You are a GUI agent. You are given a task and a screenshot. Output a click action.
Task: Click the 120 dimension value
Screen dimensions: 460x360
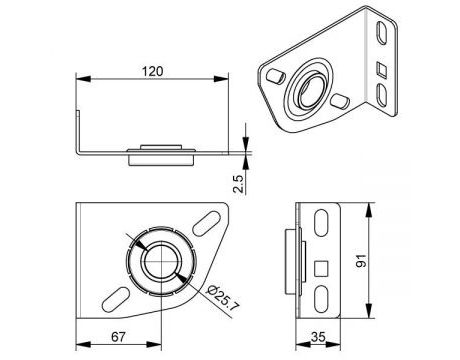tap(153, 72)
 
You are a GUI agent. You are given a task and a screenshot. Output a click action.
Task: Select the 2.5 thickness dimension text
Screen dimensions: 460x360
tap(239, 183)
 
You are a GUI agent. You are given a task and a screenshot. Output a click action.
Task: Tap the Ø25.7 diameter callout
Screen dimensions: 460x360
tap(222, 298)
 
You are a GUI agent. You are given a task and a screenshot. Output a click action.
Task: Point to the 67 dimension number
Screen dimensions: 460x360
tap(118, 337)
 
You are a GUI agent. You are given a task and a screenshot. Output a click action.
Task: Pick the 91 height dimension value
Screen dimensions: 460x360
tap(361, 260)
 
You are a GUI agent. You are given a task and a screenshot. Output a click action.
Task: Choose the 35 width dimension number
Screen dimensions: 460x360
tap(318, 337)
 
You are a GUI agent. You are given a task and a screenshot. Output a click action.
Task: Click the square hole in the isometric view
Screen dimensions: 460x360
tap(382, 70)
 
